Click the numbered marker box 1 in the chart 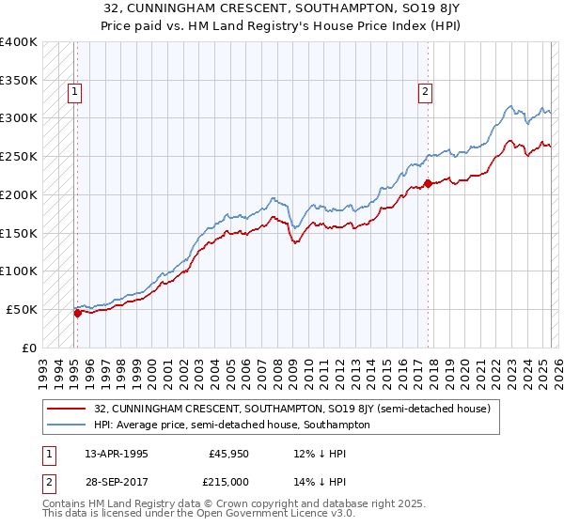coord(74,92)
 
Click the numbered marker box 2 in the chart coord(426,92)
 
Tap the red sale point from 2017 coord(428,183)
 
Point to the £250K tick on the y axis coord(19,156)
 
